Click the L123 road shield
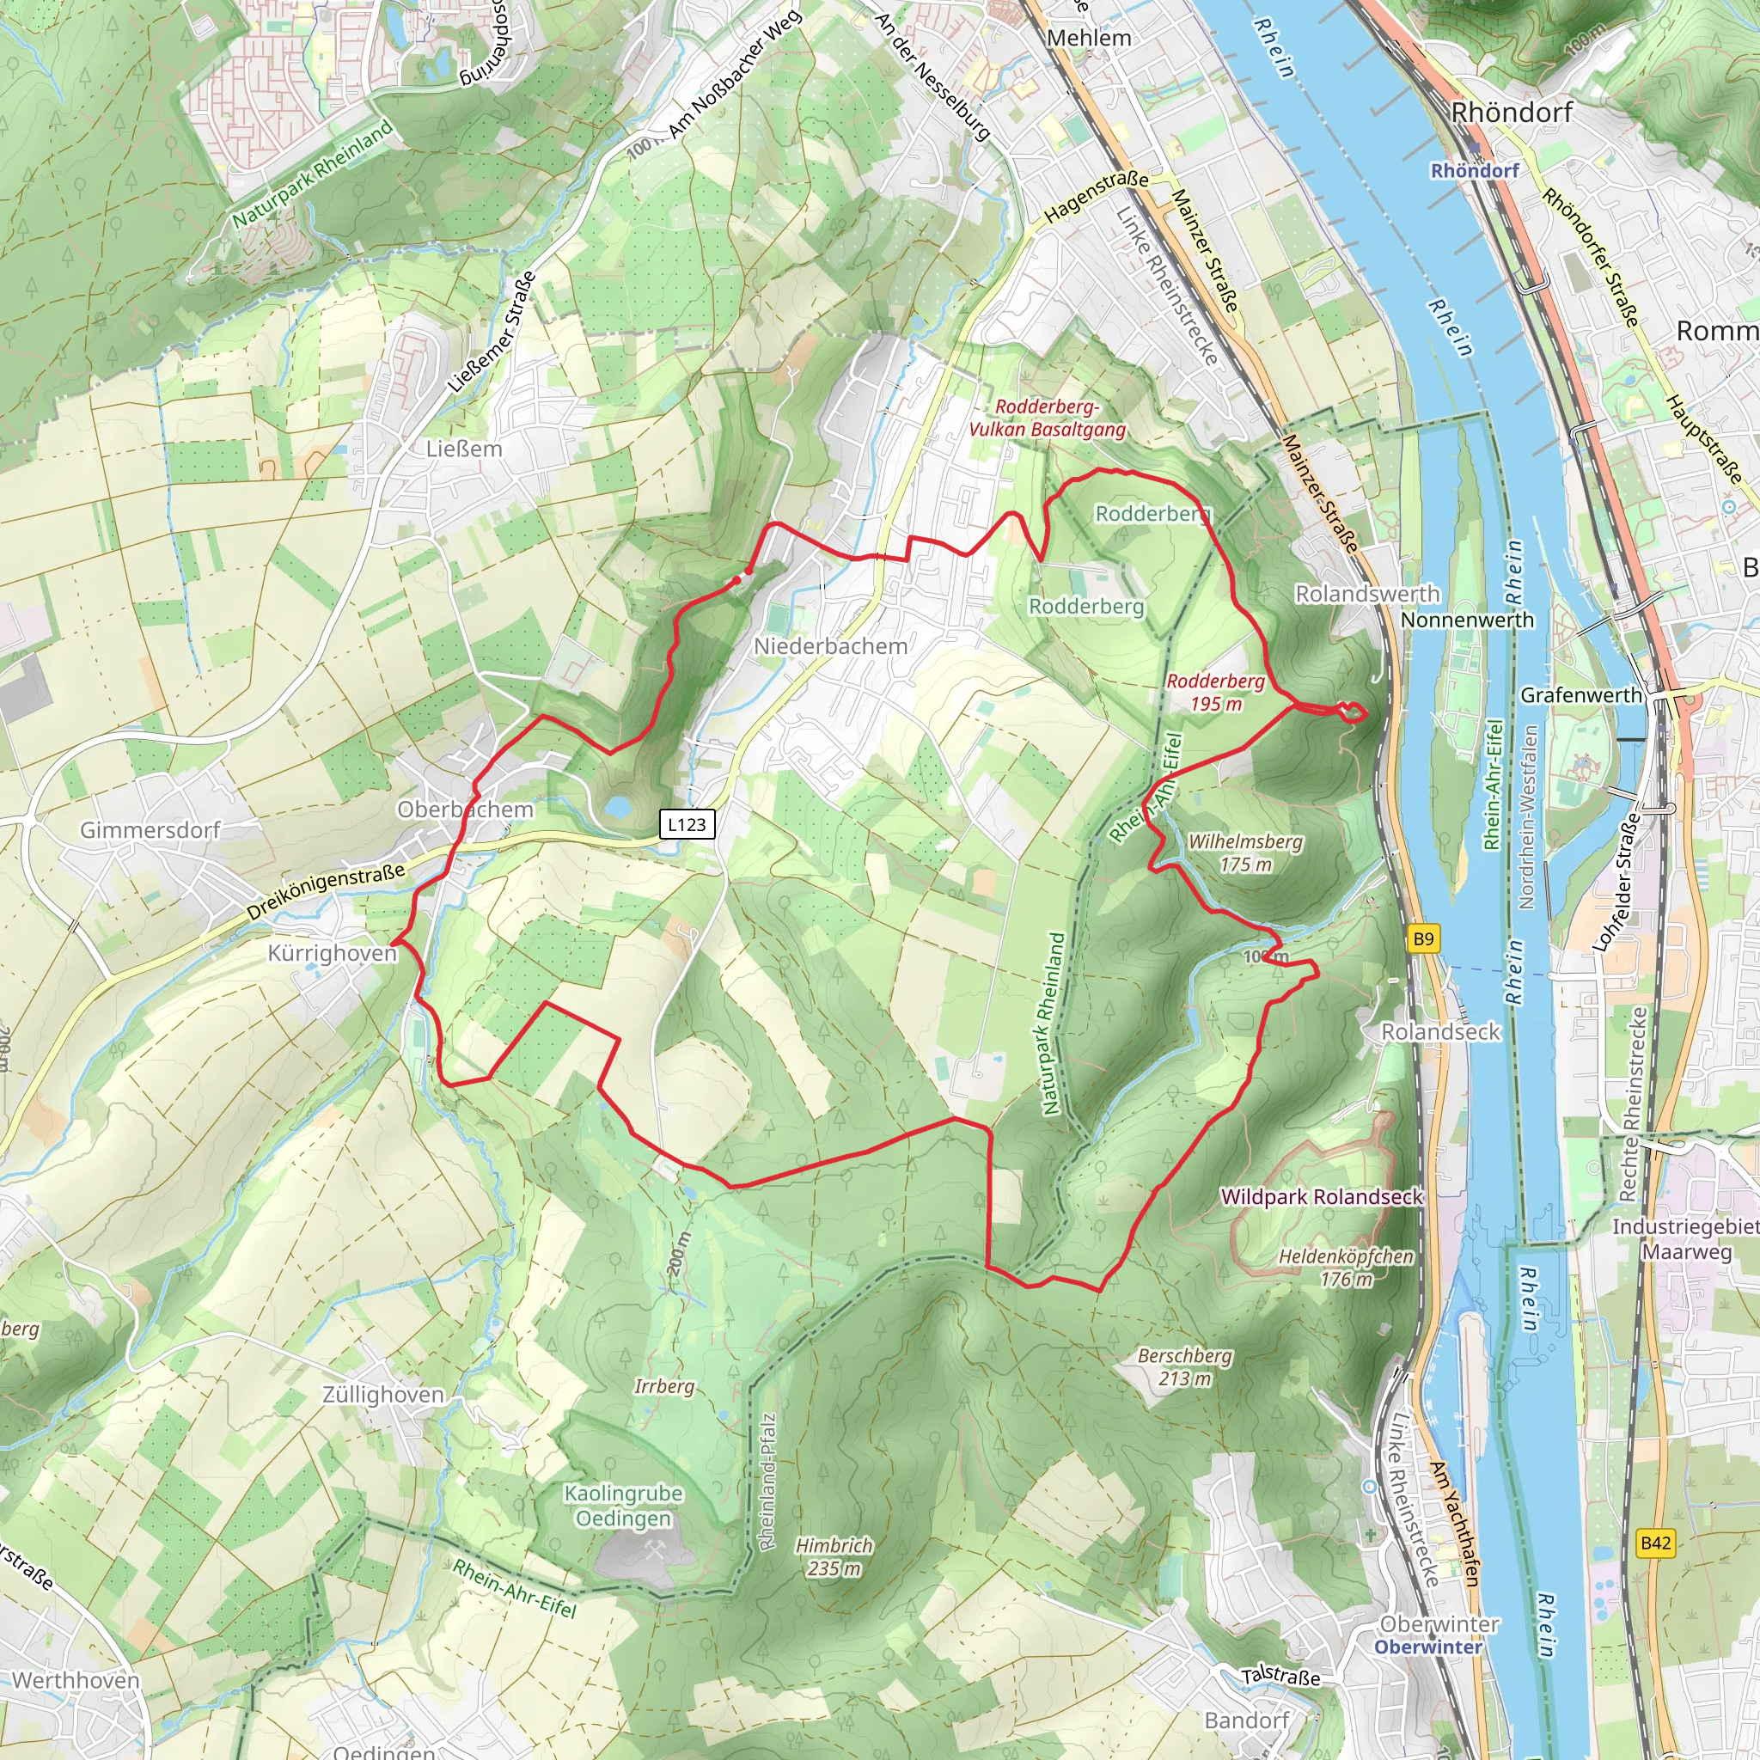tap(687, 824)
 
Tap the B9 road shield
tap(1423, 938)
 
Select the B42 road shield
tap(1655, 1543)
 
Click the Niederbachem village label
tap(830, 646)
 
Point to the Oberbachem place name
tap(466, 809)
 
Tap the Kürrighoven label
tap(332, 953)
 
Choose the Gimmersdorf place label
tap(150, 830)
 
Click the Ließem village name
tap(464, 449)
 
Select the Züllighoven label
tap(383, 1395)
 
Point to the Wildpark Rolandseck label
tap(1321, 1197)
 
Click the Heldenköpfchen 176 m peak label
tap(1346, 1268)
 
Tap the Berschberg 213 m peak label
tap(1184, 1366)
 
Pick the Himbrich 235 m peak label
tap(834, 1557)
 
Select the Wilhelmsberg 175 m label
tap(1244, 852)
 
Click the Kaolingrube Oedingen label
tap(623, 1506)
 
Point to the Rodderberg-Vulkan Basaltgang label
tap(1047, 419)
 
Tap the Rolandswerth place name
tap(1367, 594)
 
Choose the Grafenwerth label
tap(1580, 695)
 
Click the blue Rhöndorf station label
tap(1474, 170)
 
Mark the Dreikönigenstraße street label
tap(325, 891)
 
